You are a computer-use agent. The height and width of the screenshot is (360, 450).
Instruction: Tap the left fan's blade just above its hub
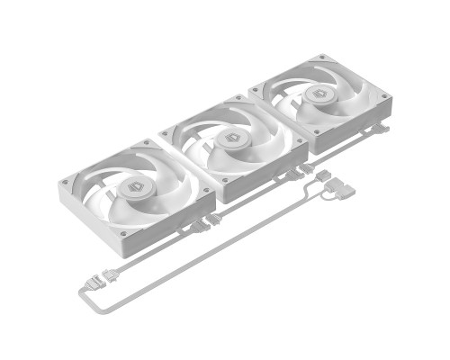135,173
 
